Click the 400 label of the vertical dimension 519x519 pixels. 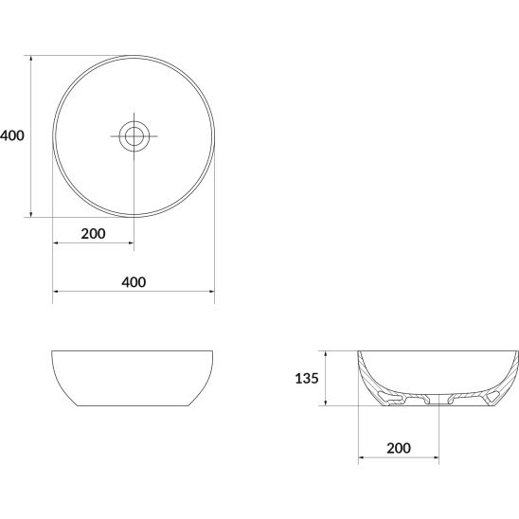[x=12, y=135]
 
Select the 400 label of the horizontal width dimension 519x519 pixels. [x=134, y=282]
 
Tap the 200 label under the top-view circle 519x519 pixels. [x=94, y=234]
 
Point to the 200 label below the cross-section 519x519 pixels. [x=399, y=448]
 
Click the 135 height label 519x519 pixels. [x=307, y=378]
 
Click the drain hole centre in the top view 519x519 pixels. [x=134, y=136]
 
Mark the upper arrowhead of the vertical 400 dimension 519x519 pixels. [x=31, y=59]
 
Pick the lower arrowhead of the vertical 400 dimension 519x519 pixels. [x=31, y=214]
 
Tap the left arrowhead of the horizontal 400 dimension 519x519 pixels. [x=56, y=292]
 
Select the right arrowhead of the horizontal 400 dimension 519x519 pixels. [x=211, y=292]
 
